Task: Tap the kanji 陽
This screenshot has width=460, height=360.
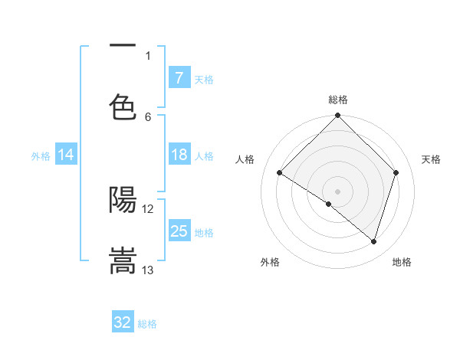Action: (123, 200)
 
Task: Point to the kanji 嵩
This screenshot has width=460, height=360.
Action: (123, 260)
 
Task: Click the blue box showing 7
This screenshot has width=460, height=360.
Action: (179, 77)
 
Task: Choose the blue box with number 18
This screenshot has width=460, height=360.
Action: (179, 155)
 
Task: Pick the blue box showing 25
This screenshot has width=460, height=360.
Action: (179, 231)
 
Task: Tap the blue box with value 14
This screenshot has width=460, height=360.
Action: (66, 155)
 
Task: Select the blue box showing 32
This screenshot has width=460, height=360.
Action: (123, 322)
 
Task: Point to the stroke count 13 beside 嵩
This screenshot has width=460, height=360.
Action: (148, 270)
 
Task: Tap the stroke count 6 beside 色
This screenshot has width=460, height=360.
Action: (148, 116)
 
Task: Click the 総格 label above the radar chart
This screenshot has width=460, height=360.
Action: (338, 100)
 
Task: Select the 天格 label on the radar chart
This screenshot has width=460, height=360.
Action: (432, 159)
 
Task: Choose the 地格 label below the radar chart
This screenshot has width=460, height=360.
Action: (402, 262)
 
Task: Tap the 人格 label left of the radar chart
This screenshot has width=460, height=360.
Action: (245, 159)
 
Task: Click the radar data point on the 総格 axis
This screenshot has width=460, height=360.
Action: (338, 117)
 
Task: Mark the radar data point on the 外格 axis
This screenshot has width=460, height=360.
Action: (329, 204)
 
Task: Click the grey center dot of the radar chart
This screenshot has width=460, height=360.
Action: (338, 191)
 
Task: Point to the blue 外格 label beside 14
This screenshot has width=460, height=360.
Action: (41, 155)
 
